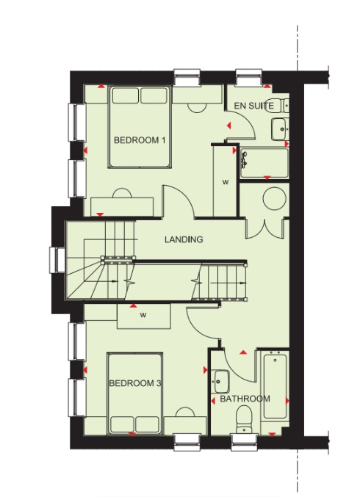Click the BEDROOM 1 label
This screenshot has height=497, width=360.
click(x=140, y=140)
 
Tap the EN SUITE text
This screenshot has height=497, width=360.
click(x=253, y=106)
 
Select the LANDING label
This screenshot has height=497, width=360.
click(x=184, y=239)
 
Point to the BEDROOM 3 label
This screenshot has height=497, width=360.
click(x=135, y=383)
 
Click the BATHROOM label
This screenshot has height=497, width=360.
click(x=245, y=399)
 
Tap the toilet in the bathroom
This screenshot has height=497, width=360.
click(x=243, y=419)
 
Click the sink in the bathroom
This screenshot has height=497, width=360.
click(x=221, y=381)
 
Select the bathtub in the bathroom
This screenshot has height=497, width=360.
click(x=275, y=386)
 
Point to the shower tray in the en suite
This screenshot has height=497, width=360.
click(x=264, y=164)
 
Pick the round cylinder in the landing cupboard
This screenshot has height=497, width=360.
click(x=275, y=198)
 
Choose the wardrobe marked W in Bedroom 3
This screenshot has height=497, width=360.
click(x=144, y=316)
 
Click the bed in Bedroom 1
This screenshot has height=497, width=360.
click(x=140, y=126)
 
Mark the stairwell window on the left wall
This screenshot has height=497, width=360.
click(x=57, y=260)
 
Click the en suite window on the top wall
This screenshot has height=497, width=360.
click(x=249, y=77)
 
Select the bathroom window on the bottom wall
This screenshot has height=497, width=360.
click(x=244, y=442)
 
